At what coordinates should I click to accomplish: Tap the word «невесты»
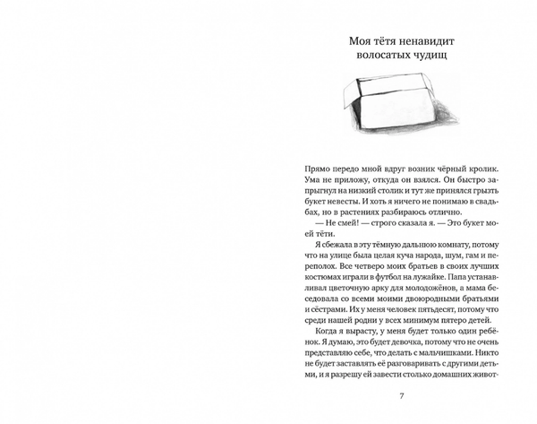pyautogui.click(x=350, y=214)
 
